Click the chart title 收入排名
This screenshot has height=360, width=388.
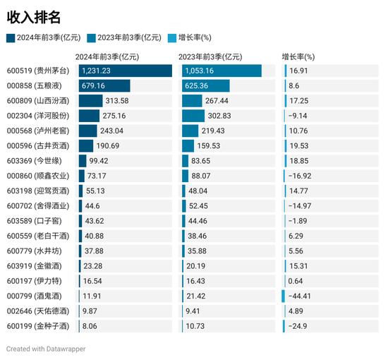(33, 16)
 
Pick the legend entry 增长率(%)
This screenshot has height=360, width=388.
(195, 38)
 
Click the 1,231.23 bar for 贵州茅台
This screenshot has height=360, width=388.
(125, 71)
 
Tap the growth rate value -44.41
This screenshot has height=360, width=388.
(300, 296)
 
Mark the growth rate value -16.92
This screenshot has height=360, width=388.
(300, 176)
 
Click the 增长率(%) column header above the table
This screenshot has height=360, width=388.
(298, 56)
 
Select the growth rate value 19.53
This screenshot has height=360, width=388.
(298, 145)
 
